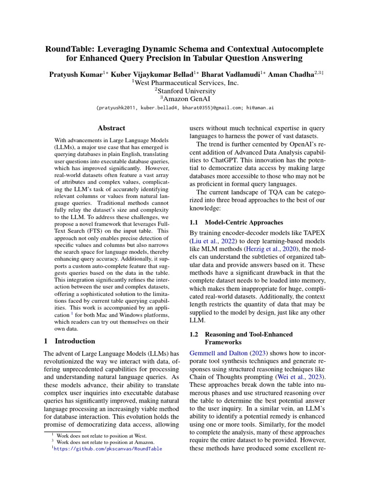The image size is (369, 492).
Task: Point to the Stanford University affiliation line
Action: pyautogui.click(x=185, y=90)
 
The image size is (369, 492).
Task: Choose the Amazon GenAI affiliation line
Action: pyautogui.click(x=185, y=98)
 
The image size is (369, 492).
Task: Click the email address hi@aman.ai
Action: pyautogui.click(x=260, y=109)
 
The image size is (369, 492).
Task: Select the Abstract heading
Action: pyautogui.click(x=111, y=128)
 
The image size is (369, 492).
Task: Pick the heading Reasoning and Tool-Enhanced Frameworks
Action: pyautogui.click(x=248, y=338)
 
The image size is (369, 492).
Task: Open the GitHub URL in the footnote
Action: pyautogui.click(x=108, y=449)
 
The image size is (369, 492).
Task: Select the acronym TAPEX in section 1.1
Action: pyautogui.click(x=313, y=233)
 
